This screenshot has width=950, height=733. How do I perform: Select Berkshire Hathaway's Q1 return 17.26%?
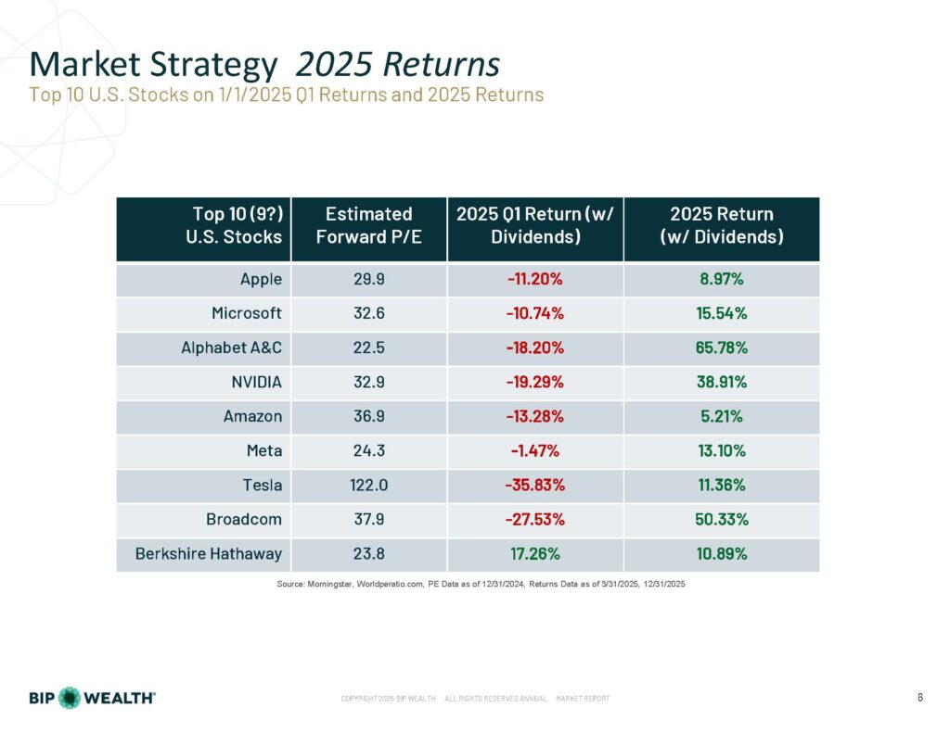[534, 555]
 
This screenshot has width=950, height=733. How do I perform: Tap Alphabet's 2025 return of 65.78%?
[721, 348]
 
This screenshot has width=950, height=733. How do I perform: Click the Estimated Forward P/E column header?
[368, 226]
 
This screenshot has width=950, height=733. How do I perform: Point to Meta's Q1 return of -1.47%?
[534, 451]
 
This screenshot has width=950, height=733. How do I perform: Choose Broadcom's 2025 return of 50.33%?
[721, 521]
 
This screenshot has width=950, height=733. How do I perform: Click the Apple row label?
[261, 279]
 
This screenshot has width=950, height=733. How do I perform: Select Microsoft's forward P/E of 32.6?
[368, 313]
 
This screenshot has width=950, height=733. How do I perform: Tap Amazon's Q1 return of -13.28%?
[534, 417]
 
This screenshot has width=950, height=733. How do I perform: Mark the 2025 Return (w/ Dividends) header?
[721, 226]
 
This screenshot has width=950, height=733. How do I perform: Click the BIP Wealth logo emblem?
[71, 698]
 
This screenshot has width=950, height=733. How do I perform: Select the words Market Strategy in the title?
[154, 65]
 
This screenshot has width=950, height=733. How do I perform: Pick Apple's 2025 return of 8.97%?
[721, 279]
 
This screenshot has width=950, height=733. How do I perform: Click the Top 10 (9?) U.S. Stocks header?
[237, 226]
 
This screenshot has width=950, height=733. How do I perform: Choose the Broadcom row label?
[244, 521]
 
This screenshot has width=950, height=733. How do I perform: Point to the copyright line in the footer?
[475, 698]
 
